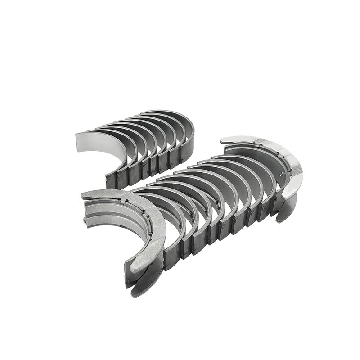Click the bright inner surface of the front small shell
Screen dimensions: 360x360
(92, 148)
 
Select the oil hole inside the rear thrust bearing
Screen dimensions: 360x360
(281, 172)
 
